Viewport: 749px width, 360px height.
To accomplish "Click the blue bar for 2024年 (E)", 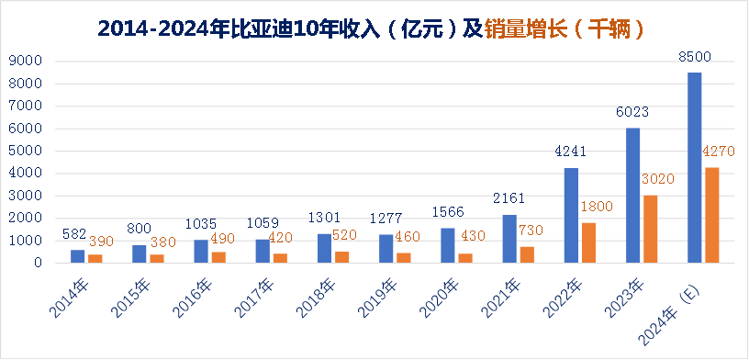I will click(x=695, y=167).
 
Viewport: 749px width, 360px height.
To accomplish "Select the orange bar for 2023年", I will click(x=650, y=229).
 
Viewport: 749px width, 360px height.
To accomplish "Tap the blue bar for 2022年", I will click(x=571, y=215).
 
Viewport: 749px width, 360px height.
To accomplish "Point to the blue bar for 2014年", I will click(x=77, y=256).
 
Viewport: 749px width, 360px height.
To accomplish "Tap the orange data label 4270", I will click(x=718, y=152).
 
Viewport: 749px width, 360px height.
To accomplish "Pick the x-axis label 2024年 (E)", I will click(x=672, y=303).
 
